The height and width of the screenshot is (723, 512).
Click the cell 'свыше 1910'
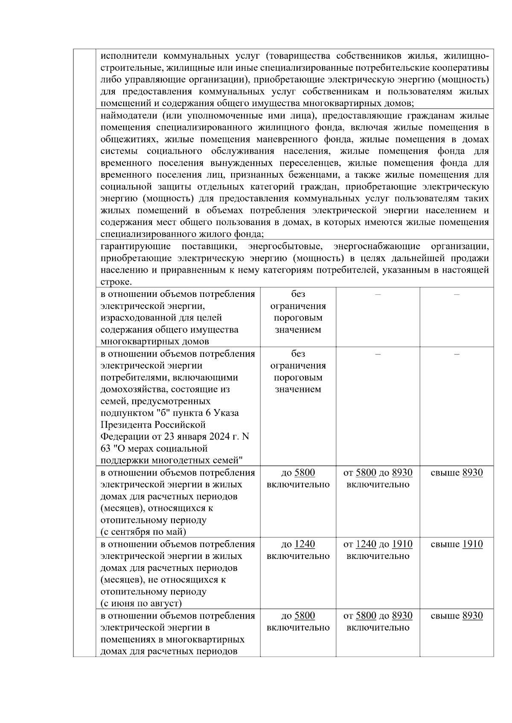(457, 544)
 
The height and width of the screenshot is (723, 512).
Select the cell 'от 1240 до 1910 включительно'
(378, 550)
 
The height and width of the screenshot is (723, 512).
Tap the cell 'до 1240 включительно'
(298, 550)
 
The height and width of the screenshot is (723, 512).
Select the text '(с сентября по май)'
(143, 532)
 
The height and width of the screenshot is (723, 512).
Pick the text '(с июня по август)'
(141, 603)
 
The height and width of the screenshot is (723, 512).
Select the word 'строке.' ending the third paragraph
(116, 282)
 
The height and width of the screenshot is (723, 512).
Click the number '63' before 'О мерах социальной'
(105, 449)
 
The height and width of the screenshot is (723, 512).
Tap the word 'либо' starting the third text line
(109, 80)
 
